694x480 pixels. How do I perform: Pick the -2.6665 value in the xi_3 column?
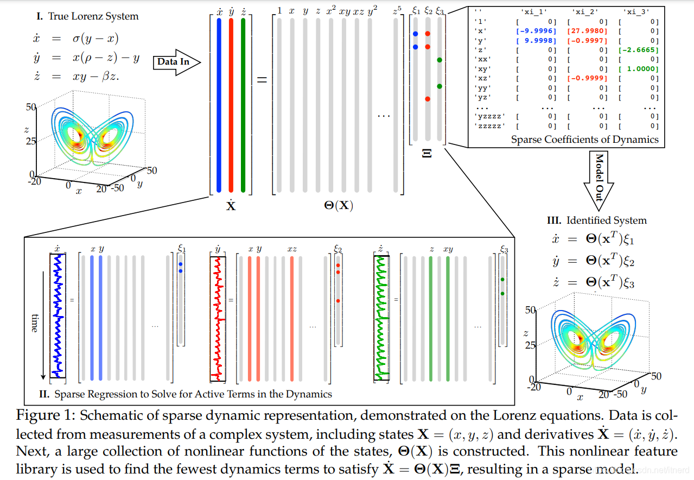(639, 50)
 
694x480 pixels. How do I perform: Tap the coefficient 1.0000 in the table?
(641, 69)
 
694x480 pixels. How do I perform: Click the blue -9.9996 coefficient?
(536, 31)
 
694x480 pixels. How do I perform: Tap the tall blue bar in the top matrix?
(219, 103)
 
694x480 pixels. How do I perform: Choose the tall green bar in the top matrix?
(244, 103)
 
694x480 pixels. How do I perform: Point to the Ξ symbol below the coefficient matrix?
(426, 154)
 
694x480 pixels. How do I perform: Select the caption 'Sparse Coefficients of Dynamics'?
(584, 140)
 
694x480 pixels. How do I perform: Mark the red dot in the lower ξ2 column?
(338, 300)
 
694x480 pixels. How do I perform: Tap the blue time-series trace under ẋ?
(58, 315)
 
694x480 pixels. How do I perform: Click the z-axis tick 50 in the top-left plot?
(30, 108)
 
